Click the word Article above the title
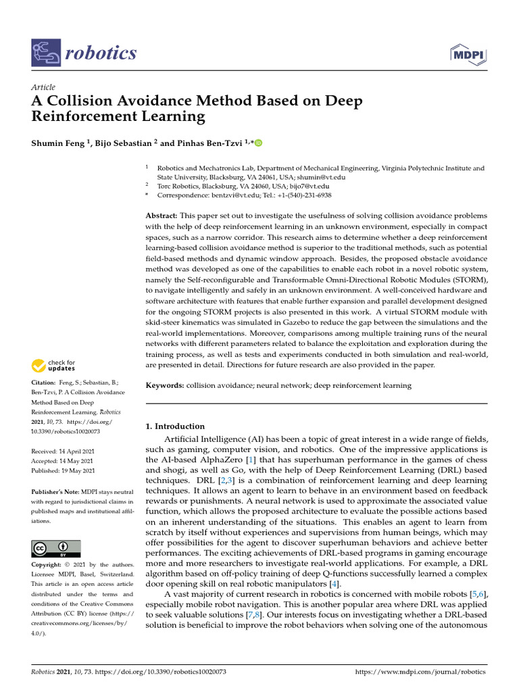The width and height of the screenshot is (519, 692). tap(43, 87)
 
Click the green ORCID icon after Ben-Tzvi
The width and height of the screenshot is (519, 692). tap(257, 143)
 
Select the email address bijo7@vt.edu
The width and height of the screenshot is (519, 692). tap(310, 186)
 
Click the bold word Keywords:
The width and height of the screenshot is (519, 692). tap(166, 385)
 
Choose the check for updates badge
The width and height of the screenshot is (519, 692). tap(53, 366)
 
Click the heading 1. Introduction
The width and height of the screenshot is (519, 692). tap(175, 426)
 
